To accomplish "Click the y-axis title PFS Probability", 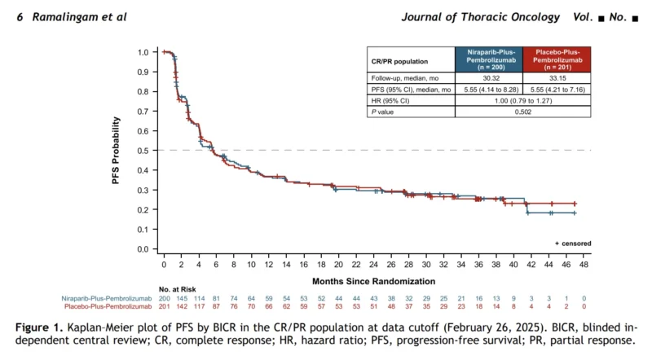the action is (x=116, y=150).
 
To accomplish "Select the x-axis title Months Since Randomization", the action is (x=373, y=282).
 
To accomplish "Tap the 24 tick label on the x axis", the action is (x=373, y=265).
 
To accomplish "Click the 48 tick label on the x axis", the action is (x=584, y=265).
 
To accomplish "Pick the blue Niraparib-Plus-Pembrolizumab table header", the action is (x=489, y=59).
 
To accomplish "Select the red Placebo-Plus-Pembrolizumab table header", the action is (x=557, y=59).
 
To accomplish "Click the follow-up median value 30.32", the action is (x=489, y=78).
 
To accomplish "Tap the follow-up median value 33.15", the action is (x=557, y=78).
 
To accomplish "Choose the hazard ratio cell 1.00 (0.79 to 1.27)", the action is (x=523, y=101).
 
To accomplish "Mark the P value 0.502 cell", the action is (x=523, y=112).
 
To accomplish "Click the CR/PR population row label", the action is (x=399, y=62).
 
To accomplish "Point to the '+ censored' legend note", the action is (x=573, y=244).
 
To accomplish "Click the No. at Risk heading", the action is (x=177, y=289).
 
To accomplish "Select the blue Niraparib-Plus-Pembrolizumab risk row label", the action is (x=107, y=298).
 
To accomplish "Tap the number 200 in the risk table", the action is (x=165, y=298).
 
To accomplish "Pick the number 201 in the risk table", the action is (x=165, y=307).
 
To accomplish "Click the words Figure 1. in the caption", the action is (x=39, y=327).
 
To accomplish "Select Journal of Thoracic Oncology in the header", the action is (x=481, y=17).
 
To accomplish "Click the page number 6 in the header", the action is (x=20, y=17).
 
